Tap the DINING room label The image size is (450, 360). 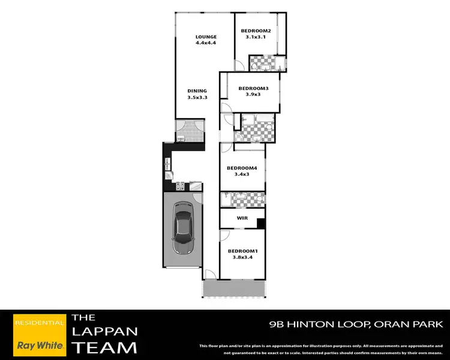coord(197,91)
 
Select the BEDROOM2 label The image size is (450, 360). coord(256,31)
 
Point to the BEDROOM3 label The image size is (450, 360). coord(253,89)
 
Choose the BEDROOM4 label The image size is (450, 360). coord(242,168)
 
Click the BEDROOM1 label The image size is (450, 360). coord(242,251)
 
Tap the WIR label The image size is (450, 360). coord(242,218)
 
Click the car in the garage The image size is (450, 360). coord(183,228)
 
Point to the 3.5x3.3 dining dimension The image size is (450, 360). coord(197,97)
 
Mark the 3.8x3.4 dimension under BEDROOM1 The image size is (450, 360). coord(242,257)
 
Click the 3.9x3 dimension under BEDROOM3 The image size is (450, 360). coord(253,95)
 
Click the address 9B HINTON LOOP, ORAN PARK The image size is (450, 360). coord(356,325)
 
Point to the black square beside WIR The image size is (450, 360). coord(261,223)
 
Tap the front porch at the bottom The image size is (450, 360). coord(233,289)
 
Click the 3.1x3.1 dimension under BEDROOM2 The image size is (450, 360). coord(256,37)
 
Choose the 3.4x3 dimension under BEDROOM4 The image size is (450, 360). coord(242,175)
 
